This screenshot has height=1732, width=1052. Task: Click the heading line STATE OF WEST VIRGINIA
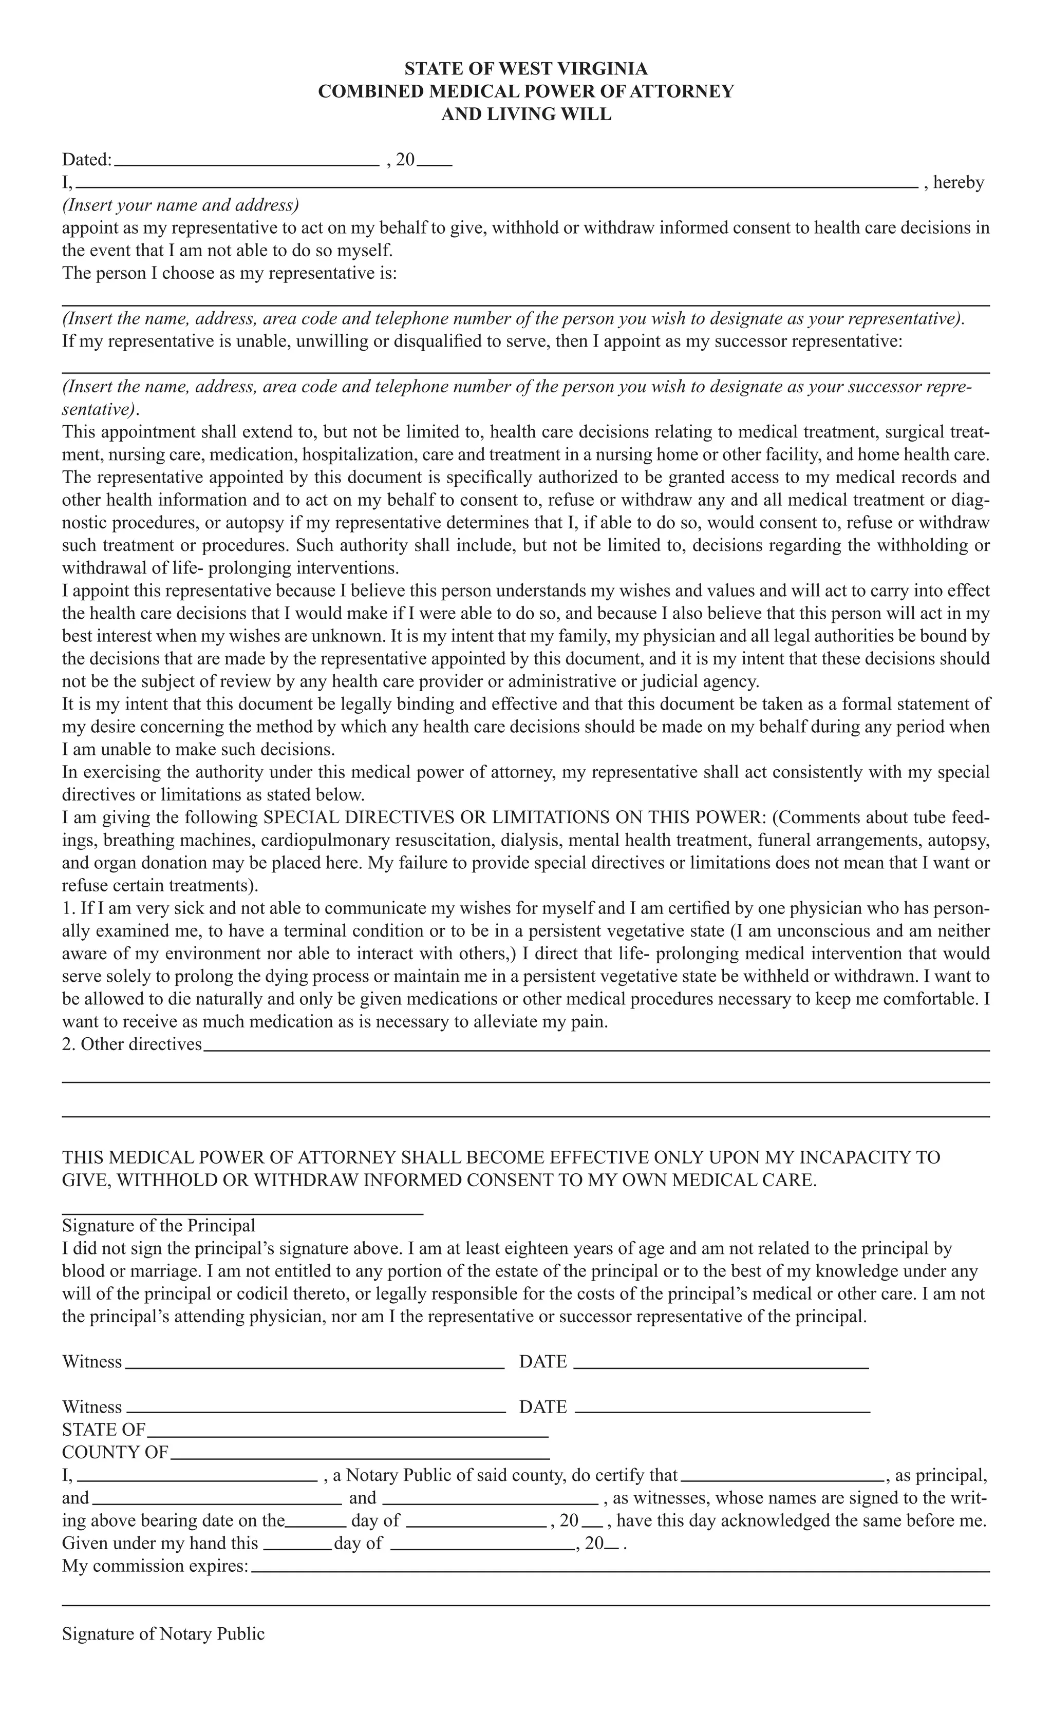tap(525, 69)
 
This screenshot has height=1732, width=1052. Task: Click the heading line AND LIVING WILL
tap(525, 114)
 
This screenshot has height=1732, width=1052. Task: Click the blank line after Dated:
tap(246, 162)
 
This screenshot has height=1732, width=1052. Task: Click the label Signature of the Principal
tap(158, 1226)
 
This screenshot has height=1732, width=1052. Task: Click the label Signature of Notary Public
tap(163, 1633)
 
